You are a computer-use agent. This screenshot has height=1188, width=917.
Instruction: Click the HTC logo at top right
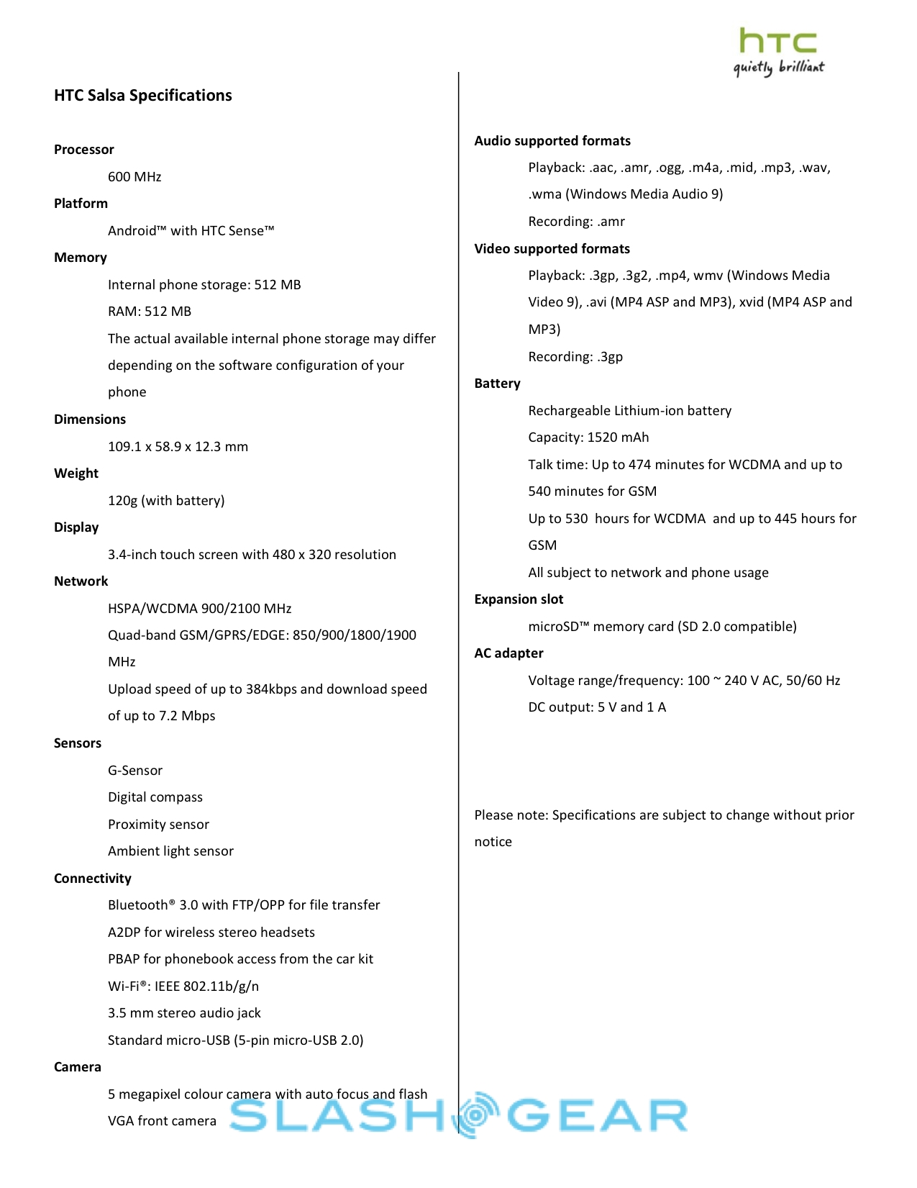[x=777, y=41]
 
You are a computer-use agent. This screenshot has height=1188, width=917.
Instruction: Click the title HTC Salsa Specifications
[x=142, y=96]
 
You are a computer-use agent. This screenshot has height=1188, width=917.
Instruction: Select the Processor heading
[x=83, y=150]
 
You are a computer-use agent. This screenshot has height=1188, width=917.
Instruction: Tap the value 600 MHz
[x=134, y=177]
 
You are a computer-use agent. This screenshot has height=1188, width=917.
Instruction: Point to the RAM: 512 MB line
[x=150, y=312]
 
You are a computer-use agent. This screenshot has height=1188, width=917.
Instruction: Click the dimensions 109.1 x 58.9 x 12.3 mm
[x=178, y=447]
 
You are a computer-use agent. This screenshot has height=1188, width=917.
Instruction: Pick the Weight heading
[x=76, y=473]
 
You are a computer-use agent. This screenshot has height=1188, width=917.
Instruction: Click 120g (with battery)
[x=166, y=501]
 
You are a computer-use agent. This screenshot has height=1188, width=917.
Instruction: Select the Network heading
[x=81, y=581]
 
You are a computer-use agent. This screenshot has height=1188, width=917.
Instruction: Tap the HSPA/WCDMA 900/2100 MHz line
[x=199, y=609]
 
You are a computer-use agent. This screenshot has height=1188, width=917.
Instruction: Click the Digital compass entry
[x=155, y=797]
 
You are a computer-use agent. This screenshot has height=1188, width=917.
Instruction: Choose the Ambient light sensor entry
[x=170, y=851]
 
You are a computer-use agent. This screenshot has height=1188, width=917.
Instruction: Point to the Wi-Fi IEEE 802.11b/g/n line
[x=183, y=987]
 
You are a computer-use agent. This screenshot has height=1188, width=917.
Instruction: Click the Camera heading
[x=77, y=1067]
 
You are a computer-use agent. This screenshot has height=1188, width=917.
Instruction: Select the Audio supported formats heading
[x=552, y=141]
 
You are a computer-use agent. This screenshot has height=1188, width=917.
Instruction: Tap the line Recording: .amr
[x=576, y=222]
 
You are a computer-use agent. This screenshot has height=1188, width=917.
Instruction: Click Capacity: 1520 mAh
[x=588, y=437]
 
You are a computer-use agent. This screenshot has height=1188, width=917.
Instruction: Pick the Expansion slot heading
[x=519, y=599]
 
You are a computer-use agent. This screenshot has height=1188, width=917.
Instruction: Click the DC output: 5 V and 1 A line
[x=597, y=707]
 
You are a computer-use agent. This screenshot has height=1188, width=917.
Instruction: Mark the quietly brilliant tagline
[x=779, y=68]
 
